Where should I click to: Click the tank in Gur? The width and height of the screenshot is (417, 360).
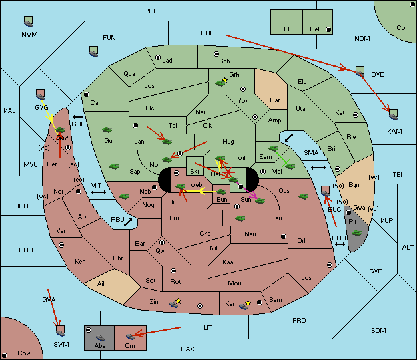pos(107,130)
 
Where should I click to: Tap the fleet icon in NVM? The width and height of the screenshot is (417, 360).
pos(28,21)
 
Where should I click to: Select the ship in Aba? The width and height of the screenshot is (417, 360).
pos(101,337)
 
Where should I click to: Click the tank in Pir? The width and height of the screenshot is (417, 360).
pos(356,233)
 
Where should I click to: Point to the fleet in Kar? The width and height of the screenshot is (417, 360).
pos(244,305)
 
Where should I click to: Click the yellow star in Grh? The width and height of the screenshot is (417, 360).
pos(225,80)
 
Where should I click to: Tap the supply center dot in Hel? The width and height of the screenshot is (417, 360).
pos(328,29)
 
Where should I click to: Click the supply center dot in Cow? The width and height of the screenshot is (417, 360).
pos(5,355)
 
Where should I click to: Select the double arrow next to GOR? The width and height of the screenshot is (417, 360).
pos(77,117)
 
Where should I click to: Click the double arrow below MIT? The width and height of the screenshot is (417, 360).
pos(99,192)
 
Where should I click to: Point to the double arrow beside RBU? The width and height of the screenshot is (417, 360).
pos(128,222)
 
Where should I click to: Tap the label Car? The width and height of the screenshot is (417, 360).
pos(275,100)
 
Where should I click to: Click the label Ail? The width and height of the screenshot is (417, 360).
pos(101,283)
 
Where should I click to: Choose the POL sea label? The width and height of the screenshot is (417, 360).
pos(151,11)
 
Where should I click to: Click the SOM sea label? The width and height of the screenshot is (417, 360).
pos(378,330)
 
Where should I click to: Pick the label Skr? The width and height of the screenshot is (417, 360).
pos(195,172)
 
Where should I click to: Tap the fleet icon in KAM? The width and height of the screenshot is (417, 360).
pos(393,114)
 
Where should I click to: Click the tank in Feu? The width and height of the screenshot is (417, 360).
pos(240,218)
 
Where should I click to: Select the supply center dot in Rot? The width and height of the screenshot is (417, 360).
pos(173,271)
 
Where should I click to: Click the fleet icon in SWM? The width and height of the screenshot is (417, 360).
pos(61,331)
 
